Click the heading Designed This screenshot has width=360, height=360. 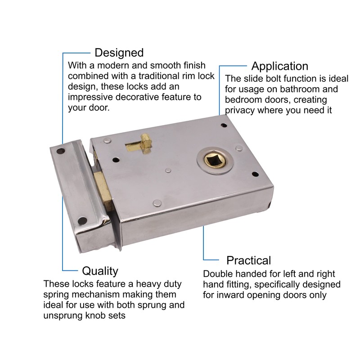point(119,53)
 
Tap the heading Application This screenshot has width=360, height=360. point(279,66)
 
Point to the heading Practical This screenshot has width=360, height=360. point(248,260)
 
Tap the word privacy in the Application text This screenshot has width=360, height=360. point(241,111)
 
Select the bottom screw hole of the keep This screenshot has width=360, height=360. point(83,220)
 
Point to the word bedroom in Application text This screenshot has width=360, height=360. point(243,100)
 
